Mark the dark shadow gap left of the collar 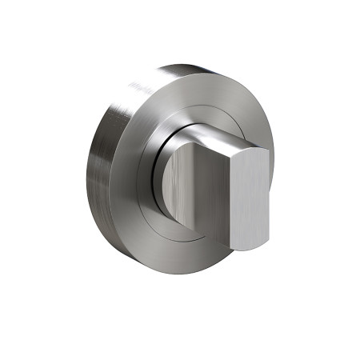[164, 172]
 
